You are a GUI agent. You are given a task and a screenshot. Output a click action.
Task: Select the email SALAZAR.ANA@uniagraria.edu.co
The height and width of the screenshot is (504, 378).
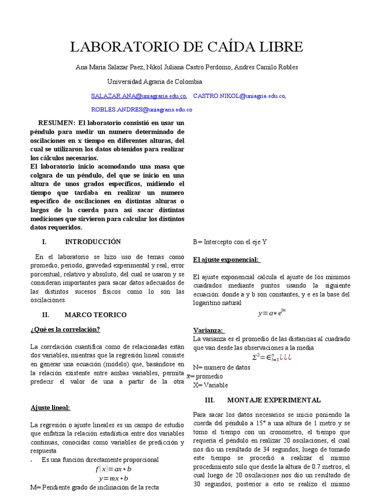[x=139, y=96]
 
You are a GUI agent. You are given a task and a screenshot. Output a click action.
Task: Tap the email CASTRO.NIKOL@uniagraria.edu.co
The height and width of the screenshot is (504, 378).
[x=239, y=96]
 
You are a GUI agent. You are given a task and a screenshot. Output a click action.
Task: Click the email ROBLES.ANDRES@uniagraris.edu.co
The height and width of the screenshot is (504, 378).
[x=142, y=109]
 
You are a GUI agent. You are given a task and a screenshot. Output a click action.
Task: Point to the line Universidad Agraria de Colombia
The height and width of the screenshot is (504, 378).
[x=155, y=81]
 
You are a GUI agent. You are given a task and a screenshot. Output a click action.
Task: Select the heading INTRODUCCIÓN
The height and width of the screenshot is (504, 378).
[x=93, y=242]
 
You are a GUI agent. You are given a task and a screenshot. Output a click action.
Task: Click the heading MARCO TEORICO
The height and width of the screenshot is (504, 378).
[x=95, y=315]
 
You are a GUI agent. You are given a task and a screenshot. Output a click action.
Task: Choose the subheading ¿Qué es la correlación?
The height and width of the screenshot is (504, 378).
[x=68, y=329]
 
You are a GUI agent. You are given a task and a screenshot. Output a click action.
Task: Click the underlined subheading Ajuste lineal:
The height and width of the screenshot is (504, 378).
[x=51, y=408]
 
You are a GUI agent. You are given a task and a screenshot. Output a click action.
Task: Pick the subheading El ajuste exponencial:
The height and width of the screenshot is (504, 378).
[x=226, y=259]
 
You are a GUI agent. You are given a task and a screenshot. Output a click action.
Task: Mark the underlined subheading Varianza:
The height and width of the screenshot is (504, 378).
[x=209, y=330]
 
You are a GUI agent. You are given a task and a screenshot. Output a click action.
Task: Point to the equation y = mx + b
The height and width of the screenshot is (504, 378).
[x=114, y=478]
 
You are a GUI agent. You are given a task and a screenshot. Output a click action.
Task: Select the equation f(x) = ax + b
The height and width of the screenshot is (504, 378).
[x=113, y=469]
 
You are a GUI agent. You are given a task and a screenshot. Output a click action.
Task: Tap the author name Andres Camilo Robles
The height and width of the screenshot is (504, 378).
[x=266, y=67]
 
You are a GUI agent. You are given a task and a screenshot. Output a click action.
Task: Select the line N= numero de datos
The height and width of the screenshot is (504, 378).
[x=221, y=367]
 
